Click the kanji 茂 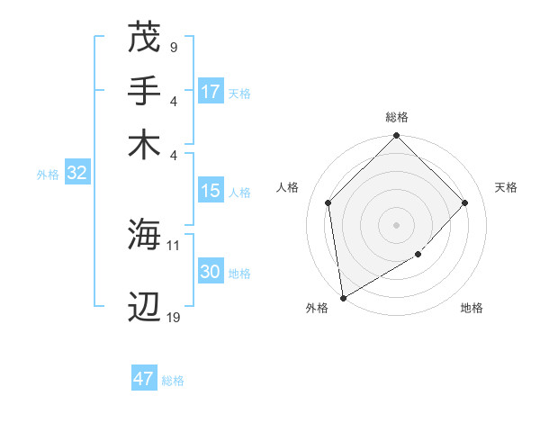[x=145, y=38]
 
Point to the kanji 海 [x=145, y=235]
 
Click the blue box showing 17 [x=211, y=92]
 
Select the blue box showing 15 [x=211, y=192]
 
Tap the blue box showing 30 [x=211, y=273]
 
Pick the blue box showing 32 [x=76, y=174]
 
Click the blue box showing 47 [x=144, y=379]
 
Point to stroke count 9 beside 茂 [x=173, y=46]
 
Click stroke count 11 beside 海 [x=174, y=244]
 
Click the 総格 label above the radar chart [x=397, y=117]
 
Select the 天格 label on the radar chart [x=506, y=187]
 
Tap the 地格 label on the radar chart [x=472, y=308]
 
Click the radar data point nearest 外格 [x=343, y=297]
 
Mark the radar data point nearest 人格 [x=328, y=202]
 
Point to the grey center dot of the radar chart [x=397, y=224]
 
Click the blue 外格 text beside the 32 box [x=48, y=175]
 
